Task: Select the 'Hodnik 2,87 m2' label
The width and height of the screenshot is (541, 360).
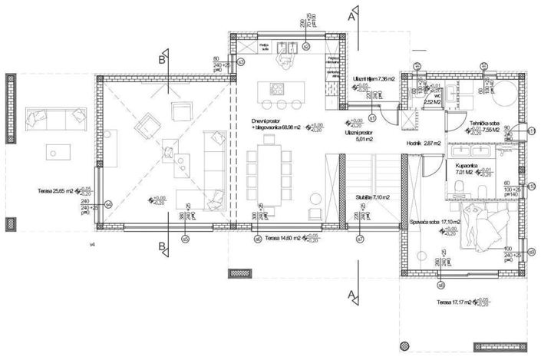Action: [x=419, y=144]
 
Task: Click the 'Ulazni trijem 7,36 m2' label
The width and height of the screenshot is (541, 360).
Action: [x=374, y=79]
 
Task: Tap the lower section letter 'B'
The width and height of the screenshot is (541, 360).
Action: [x=162, y=247]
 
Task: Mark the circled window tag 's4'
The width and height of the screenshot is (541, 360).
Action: [x=108, y=204]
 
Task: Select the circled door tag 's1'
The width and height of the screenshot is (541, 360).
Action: [x=371, y=117]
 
